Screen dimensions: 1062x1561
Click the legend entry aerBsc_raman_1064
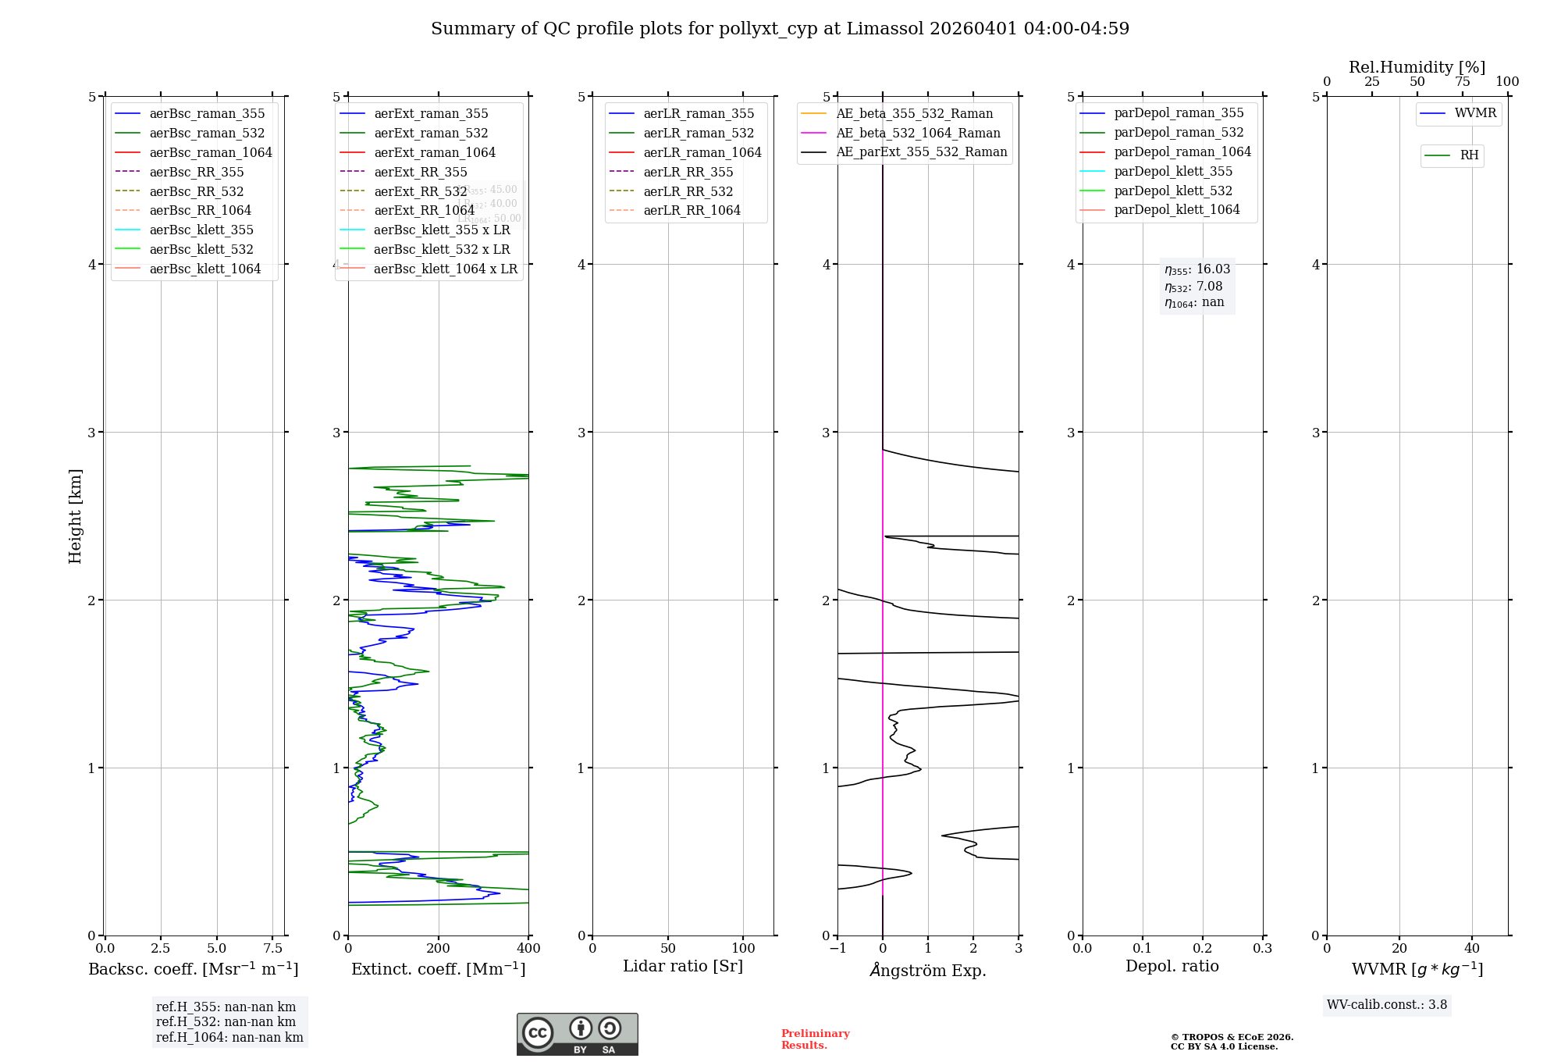pos(211,152)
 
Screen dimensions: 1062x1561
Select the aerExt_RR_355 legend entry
pos(420,172)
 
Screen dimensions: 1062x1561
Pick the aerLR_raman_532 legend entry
pos(699,133)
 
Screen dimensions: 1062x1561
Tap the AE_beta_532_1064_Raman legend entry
pos(918,133)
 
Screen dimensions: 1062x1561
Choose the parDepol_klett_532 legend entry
pos(1173,191)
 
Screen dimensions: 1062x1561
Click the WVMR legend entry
pos(1475,113)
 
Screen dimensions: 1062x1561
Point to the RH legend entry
pos(1469,155)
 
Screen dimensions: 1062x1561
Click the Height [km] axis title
pos(75,516)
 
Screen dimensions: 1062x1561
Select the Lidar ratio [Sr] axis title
pos(683,966)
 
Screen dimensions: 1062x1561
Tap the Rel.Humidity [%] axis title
pos(1417,67)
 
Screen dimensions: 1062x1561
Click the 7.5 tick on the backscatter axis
pos(272,948)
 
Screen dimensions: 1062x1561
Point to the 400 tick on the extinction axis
pos(528,948)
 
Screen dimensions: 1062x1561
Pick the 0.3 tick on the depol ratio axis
pos(1262,948)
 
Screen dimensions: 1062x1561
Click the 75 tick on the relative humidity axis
pos(1462,81)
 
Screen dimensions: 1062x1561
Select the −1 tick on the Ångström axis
pos(837,948)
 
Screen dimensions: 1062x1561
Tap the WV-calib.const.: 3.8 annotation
pos(1387,1005)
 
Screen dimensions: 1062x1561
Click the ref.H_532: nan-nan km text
pos(226,1021)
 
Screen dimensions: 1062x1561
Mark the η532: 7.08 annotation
pos(1193,287)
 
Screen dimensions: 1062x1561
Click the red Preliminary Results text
pos(815,1039)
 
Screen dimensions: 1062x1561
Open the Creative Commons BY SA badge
pos(577,1035)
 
